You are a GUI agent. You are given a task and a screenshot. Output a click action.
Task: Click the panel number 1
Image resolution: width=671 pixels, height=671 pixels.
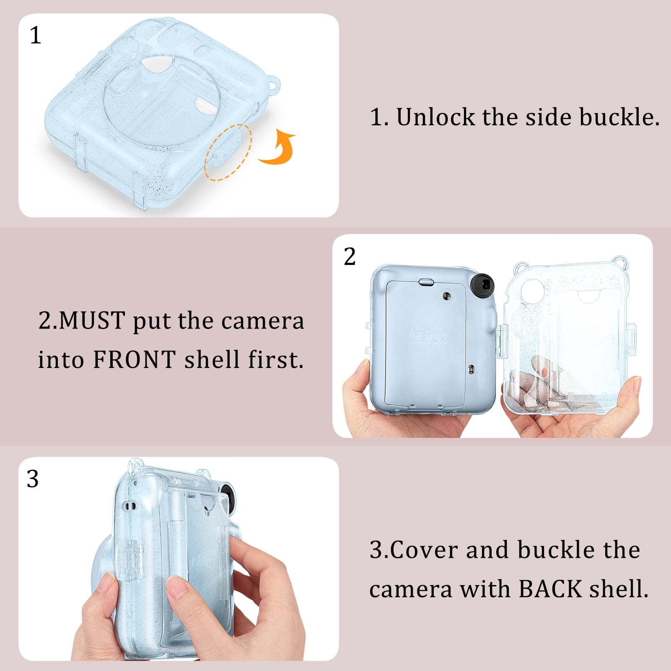35,35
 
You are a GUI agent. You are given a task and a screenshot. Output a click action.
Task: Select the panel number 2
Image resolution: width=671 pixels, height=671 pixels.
350,256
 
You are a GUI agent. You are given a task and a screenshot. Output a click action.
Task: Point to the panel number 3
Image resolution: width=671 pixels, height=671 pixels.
33,479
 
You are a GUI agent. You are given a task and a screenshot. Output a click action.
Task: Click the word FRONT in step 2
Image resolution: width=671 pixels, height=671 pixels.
134,360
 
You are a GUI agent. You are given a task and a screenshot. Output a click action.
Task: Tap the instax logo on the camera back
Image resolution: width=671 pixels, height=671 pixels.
427,337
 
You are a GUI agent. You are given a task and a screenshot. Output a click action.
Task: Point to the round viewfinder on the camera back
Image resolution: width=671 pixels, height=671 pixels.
447,296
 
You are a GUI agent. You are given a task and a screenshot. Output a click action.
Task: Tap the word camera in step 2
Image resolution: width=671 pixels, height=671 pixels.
263,321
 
